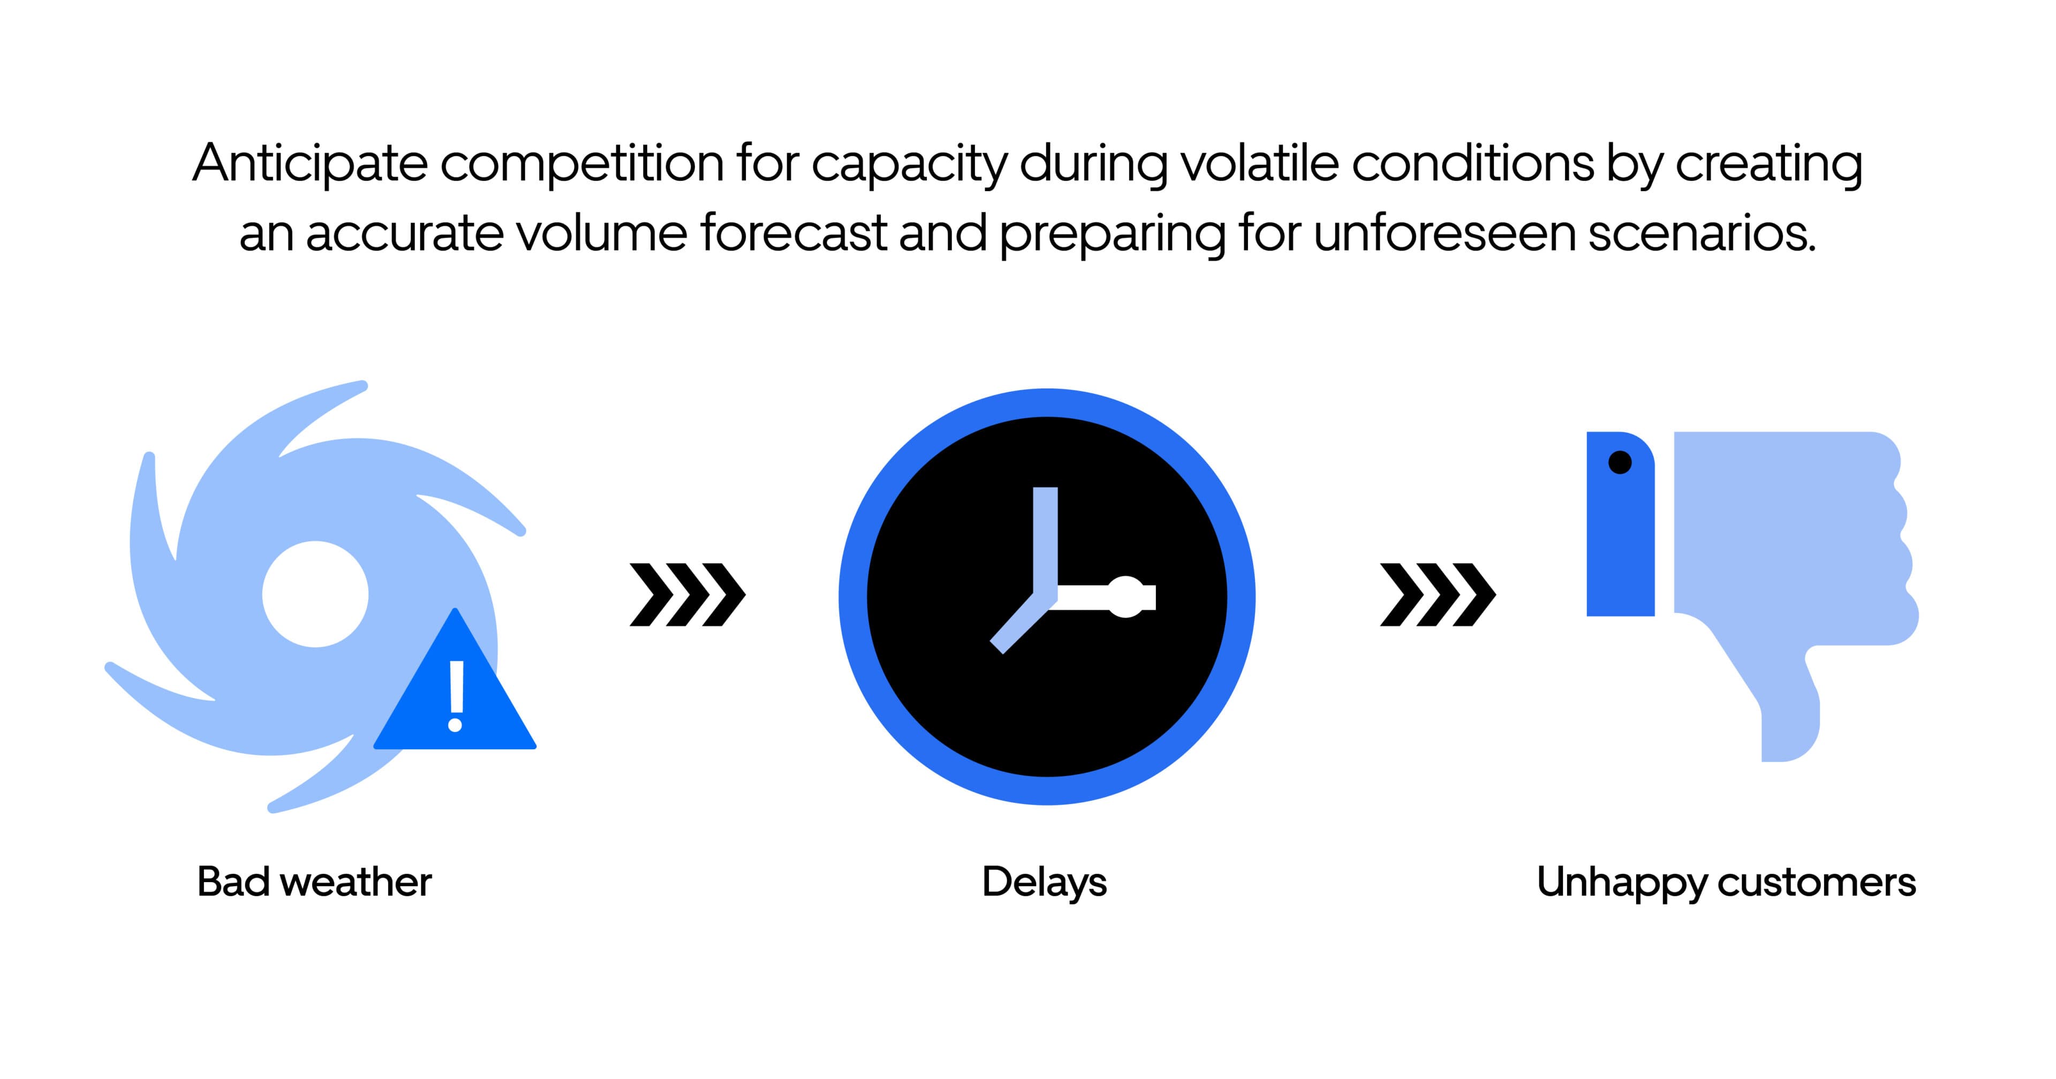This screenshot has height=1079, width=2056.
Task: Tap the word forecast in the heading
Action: pos(793,233)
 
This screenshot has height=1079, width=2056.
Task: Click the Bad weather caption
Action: pos(314,882)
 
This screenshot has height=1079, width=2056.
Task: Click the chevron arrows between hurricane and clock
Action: pos(687,595)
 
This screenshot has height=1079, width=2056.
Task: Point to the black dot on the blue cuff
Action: pos(1620,462)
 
